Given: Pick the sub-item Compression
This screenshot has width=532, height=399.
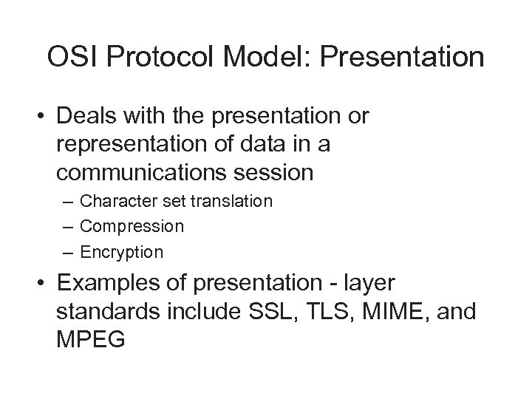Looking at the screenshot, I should point(132,226).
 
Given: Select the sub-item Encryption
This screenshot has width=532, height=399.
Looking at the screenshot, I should point(121,252).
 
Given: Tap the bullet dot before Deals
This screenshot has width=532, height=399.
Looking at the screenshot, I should point(46,117).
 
